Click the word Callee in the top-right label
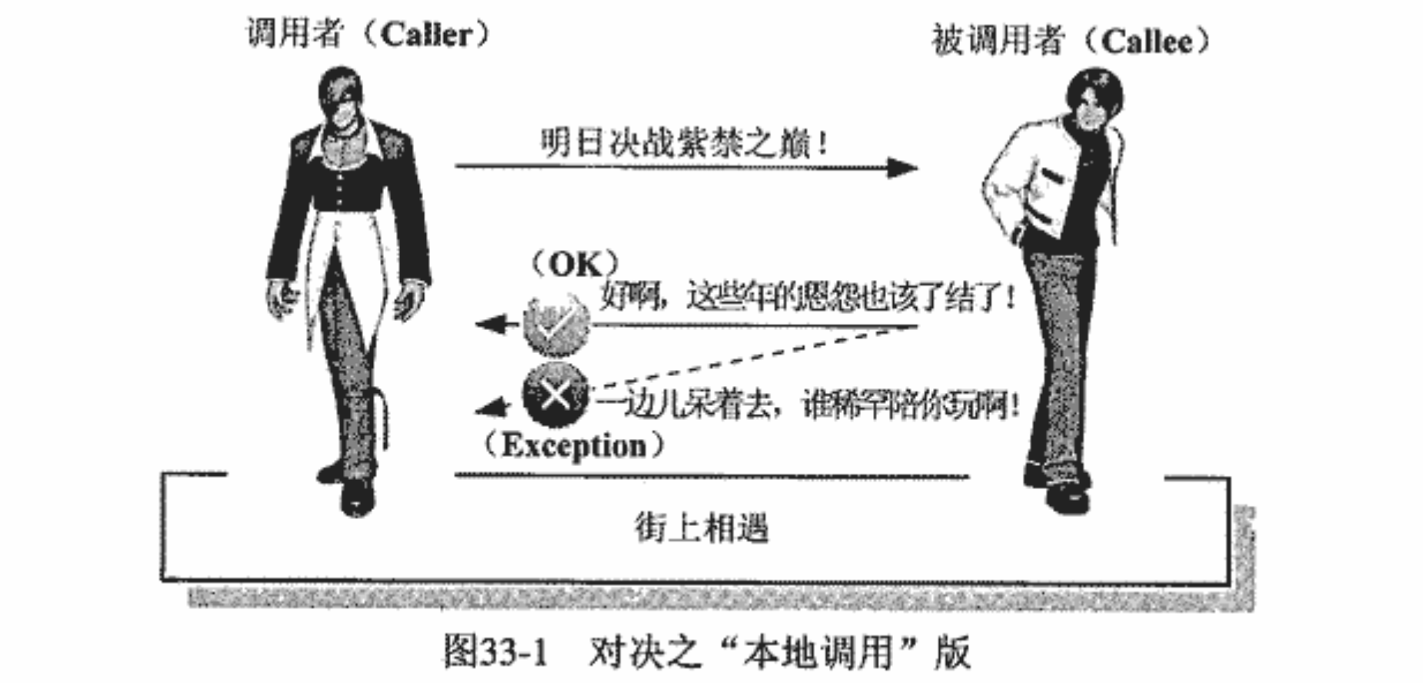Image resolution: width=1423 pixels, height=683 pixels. click(1146, 41)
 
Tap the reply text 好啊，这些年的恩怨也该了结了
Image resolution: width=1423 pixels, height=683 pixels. click(805, 296)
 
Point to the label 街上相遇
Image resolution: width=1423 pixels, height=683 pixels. click(701, 528)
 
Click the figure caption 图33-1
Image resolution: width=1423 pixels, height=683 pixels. click(495, 652)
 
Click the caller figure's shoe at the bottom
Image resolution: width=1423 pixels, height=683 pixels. click(356, 496)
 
